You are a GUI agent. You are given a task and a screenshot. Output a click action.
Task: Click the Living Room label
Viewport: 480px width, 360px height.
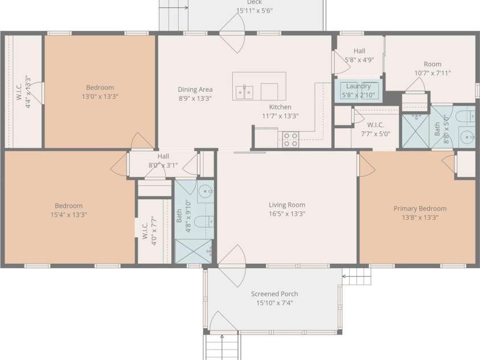coord(287,205)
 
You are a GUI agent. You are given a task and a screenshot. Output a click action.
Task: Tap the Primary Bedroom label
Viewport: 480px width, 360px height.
coord(420,208)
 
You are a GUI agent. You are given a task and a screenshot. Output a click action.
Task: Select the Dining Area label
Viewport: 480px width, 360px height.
coord(195,89)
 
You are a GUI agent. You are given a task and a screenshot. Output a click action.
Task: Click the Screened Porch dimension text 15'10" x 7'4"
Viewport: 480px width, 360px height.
coord(274,303)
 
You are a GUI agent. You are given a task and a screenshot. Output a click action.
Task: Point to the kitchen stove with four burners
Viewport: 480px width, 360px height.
coord(290,140)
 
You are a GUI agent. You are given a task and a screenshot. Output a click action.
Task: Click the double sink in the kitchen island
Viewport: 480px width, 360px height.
coord(244,92)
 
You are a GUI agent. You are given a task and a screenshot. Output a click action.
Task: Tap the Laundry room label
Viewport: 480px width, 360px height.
coord(359,86)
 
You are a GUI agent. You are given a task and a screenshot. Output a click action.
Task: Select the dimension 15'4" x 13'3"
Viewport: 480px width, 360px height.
coord(68,215)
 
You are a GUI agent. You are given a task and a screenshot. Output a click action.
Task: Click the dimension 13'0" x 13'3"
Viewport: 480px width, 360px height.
coord(100,96)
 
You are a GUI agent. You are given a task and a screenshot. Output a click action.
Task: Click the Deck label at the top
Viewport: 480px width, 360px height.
coord(254,2)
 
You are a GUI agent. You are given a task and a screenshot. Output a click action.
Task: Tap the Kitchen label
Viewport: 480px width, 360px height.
coord(280,107)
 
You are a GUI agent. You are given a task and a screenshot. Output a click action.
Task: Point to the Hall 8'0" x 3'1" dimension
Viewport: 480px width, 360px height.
coord(163,165)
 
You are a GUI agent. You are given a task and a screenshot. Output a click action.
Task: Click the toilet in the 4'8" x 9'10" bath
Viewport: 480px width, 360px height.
coord(203,221)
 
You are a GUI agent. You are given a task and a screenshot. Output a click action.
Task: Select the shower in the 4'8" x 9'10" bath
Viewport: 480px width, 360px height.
coord(193,251)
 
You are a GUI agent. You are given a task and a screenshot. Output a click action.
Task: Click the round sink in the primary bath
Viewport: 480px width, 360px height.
coord(467,137)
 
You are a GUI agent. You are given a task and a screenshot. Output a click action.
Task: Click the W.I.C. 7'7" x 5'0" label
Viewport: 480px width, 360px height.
coord(375,129)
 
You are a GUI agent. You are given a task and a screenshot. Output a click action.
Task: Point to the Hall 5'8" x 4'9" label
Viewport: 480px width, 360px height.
coord(359,55)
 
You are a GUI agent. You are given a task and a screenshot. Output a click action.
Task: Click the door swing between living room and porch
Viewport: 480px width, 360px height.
coord(232,265)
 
